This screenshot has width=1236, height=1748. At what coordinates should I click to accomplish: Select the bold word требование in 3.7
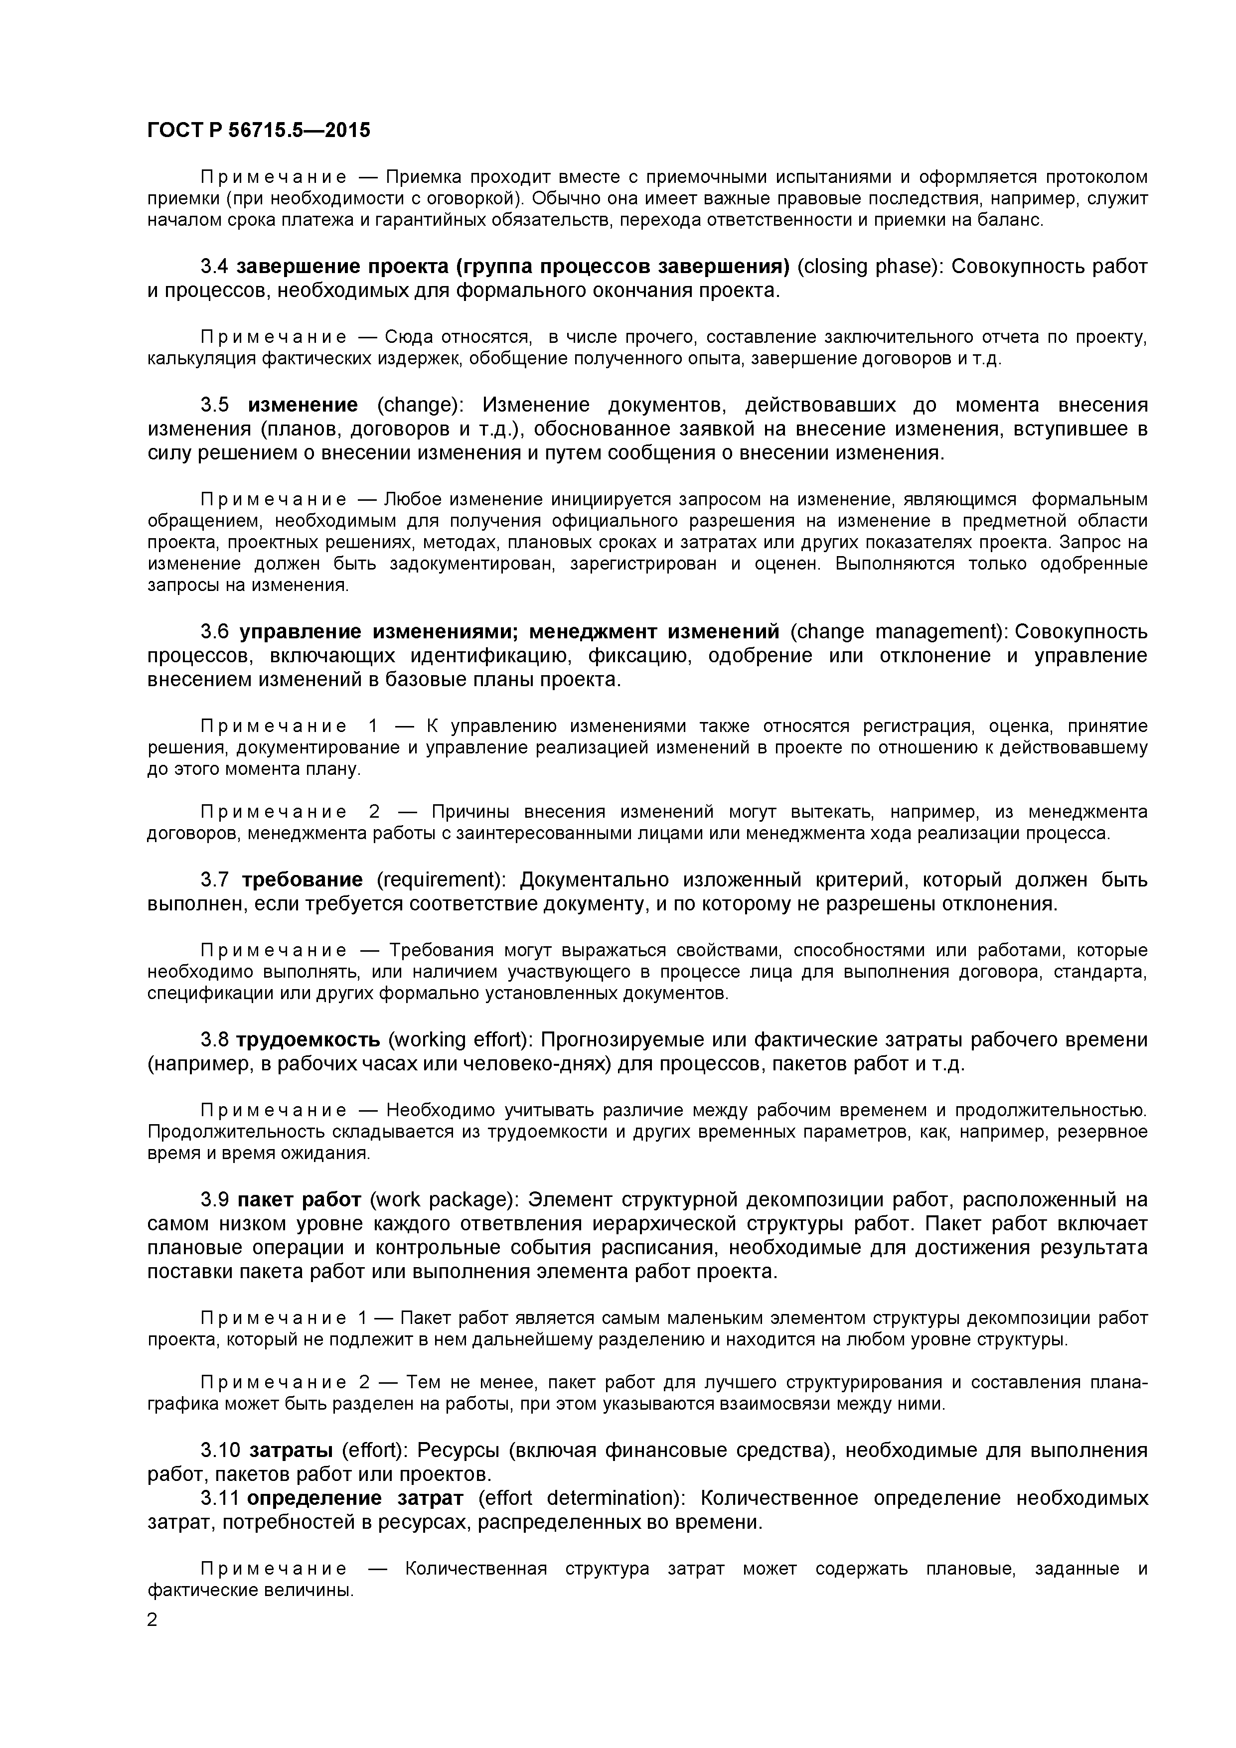(x=303, y=880)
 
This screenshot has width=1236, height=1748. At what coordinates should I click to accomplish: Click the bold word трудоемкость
(x=309, y=1040)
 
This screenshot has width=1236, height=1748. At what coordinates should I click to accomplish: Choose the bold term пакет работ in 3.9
(x=300, y=1200)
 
